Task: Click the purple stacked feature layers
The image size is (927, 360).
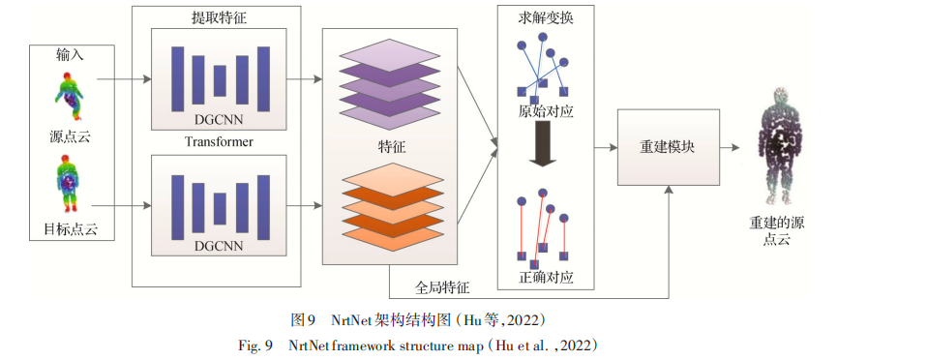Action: point(390,79)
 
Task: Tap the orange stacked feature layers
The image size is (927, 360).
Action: point(390,207)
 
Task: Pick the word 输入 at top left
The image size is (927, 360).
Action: point(70,55)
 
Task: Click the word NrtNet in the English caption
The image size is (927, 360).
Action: point(310,345)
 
